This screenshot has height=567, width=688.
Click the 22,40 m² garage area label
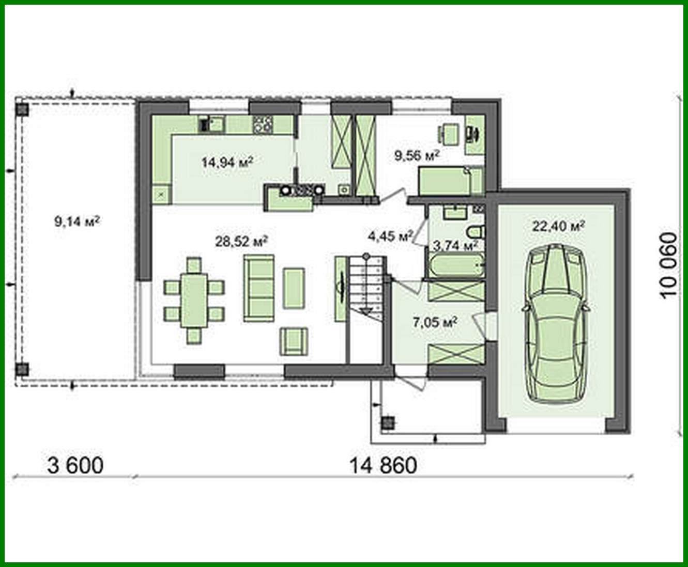558,226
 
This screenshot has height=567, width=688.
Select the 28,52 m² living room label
241,241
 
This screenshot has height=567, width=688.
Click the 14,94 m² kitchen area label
227,162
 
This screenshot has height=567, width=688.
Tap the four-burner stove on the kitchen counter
263,124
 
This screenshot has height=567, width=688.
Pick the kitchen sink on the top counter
211,124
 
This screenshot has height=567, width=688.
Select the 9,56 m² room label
417,155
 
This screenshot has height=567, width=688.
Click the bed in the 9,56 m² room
450,180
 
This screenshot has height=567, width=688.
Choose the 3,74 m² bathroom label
455,245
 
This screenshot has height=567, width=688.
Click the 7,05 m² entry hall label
435,323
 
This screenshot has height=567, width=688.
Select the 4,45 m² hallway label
390,237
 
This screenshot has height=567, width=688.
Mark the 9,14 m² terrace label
77,222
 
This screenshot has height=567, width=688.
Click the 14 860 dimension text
383,465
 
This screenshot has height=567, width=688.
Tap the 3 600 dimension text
75,465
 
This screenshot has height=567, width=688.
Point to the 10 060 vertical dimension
668,265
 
